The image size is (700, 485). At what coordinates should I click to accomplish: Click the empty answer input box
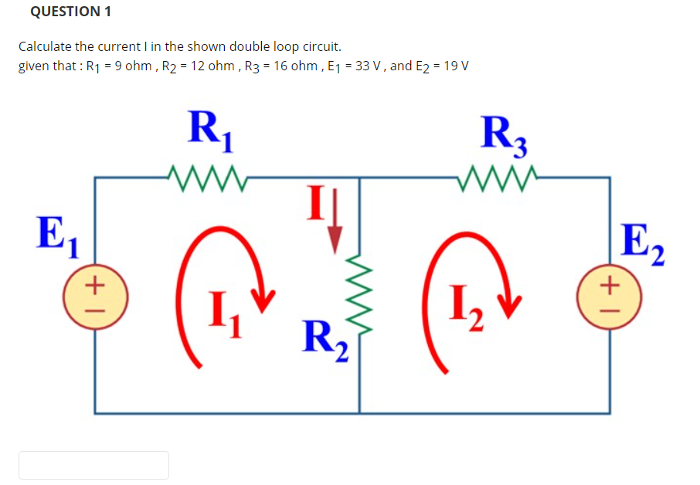click(x=93, y=465)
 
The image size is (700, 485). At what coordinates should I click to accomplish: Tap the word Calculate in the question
click(x=46, y=47)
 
